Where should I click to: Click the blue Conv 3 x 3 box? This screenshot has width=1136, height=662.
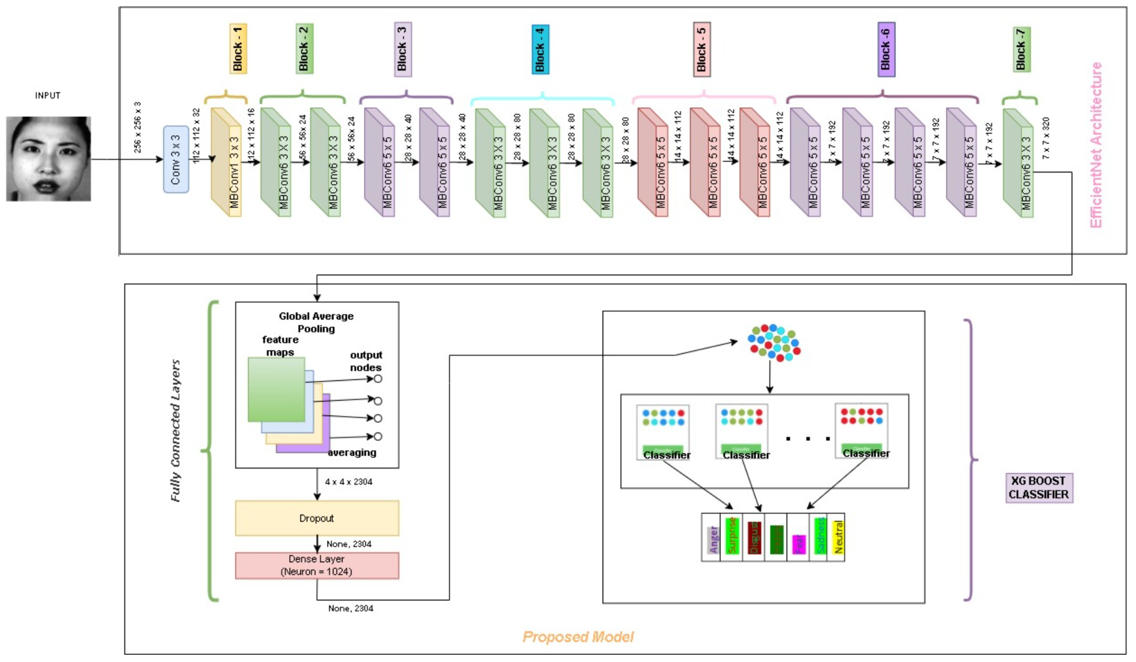[x=176, y=159]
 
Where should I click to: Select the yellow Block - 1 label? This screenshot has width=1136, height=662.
[x=238, y=49]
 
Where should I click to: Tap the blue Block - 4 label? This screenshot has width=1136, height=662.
[x=540, y=49]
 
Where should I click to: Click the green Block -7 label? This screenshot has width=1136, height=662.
[x=1021, y=49]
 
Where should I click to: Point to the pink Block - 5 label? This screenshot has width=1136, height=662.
[x=701, y=49]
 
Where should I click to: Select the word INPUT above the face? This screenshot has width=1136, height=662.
[x=48, y=95]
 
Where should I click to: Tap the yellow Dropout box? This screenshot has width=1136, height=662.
[x=317, y=518]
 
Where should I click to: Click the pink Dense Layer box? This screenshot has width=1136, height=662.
[x=317, y=565]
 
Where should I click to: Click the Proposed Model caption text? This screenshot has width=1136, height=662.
[x=578, y=636]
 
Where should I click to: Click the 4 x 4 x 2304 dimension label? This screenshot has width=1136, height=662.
[x=349, y=482]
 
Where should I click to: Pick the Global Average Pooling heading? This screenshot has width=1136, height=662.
[x=316, y=322]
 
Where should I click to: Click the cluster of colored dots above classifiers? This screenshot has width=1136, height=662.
[x=774, y=342]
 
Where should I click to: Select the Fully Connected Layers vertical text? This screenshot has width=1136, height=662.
[x=176, y=431]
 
